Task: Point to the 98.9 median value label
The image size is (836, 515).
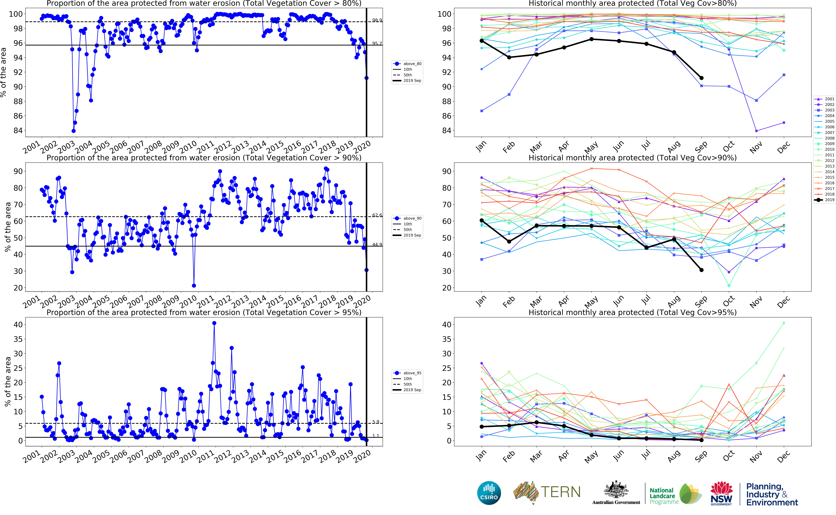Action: coord(377,20)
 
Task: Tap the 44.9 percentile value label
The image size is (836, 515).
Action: coord(377,245)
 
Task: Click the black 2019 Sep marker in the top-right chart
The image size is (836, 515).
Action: coord(701,78)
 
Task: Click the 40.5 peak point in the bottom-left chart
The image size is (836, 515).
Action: coord(214,323)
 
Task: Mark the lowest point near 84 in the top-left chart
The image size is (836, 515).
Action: coord(74,131)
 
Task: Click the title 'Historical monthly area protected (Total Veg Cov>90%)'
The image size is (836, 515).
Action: coord(632,158)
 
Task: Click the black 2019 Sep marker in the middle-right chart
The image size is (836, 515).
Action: coord(701,270)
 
